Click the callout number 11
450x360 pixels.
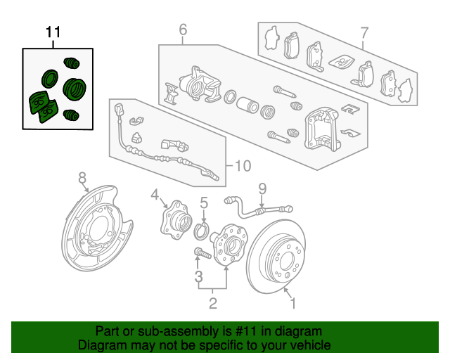pyautogui.click(x=53, y=32)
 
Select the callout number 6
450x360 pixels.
pyautogui.click(x=183, y=30)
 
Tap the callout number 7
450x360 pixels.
pyautogui.click(x=364, y=32)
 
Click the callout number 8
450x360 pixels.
pyautogui.click(x=82, y=176)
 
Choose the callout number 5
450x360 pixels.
pyautogui.click(x=204, y=204)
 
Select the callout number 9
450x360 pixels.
pyautogui.click(x=262, y=188)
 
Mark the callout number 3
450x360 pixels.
pyautogui.click(x=199, y=275)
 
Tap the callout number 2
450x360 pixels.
pyautogui.click(x=212, y=304)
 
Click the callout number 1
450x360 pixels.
pyautogui.click(x=293, y=304)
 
